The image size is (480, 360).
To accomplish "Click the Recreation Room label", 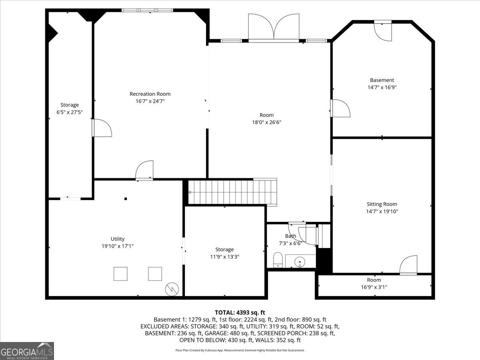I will tap(150, 94).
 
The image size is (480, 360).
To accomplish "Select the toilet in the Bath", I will tap(278, 260).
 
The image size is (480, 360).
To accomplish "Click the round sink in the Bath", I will tap(300, 262).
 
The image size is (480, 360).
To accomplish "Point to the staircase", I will tap(232, 192).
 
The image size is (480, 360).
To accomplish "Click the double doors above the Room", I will tap(274, 27).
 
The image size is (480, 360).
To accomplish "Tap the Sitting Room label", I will tap(382, 204).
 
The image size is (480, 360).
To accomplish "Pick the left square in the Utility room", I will tap(120, 274).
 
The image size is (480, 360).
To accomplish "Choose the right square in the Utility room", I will tap(155, 274).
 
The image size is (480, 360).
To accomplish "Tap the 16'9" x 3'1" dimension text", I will tap(374, 287).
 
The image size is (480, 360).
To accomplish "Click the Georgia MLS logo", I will tap(27, 351).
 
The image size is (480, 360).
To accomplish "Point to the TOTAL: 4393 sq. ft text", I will tap(240, 312).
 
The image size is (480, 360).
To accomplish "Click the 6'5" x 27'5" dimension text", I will tap(70, 112).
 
